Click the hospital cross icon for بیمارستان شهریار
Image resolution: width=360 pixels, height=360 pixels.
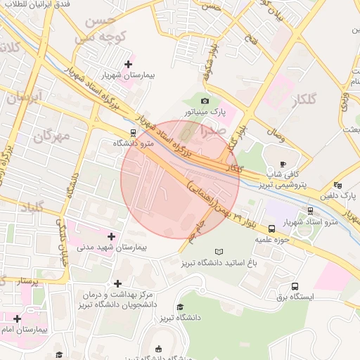[x=128, y=64]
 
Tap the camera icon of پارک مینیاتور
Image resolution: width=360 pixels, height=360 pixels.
[x=205, y=101]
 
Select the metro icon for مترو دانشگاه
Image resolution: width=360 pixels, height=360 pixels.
[x=134, y=132]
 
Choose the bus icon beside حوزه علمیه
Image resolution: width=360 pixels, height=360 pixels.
[x=272, y=229]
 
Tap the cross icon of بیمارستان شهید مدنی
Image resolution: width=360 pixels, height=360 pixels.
[x=111, y=237]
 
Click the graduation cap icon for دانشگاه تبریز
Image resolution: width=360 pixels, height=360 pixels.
[x=180, y=307]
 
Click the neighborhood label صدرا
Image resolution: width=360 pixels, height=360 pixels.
[x=214, y=131]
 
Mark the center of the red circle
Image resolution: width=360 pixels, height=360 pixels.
[x=180, y=179]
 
